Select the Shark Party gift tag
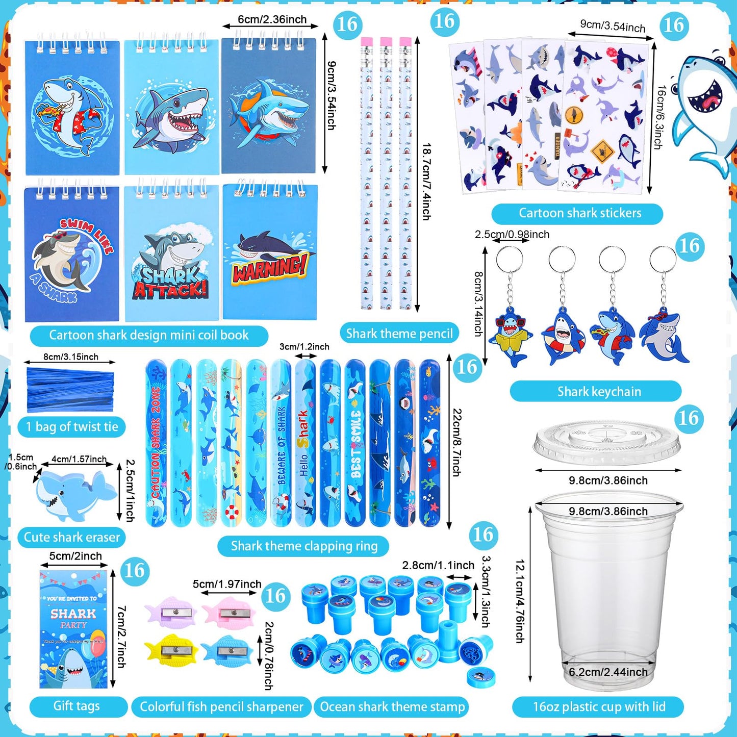[73, 630]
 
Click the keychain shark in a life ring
[563, 337]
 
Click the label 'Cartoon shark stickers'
[580, 213]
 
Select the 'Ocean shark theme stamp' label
[392, 707]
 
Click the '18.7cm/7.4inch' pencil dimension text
[426, 181]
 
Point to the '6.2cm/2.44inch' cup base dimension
[608, 672]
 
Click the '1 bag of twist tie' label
[72, 427]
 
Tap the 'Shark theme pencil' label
[399, 334]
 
